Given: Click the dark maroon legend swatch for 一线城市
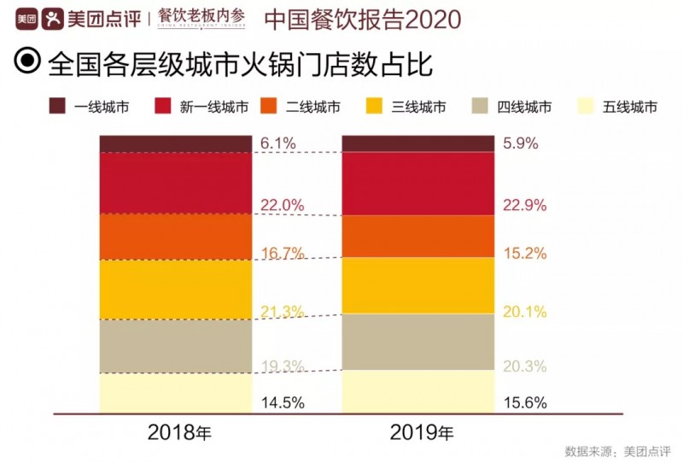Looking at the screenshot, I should [58, 107].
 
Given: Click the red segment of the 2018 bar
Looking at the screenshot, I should [175, 183].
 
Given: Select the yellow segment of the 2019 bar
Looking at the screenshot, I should [418, 285].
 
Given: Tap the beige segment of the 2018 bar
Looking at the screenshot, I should [175, 346].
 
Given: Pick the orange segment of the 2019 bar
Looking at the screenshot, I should [418, 236].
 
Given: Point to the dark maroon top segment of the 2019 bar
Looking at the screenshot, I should [418, 144].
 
